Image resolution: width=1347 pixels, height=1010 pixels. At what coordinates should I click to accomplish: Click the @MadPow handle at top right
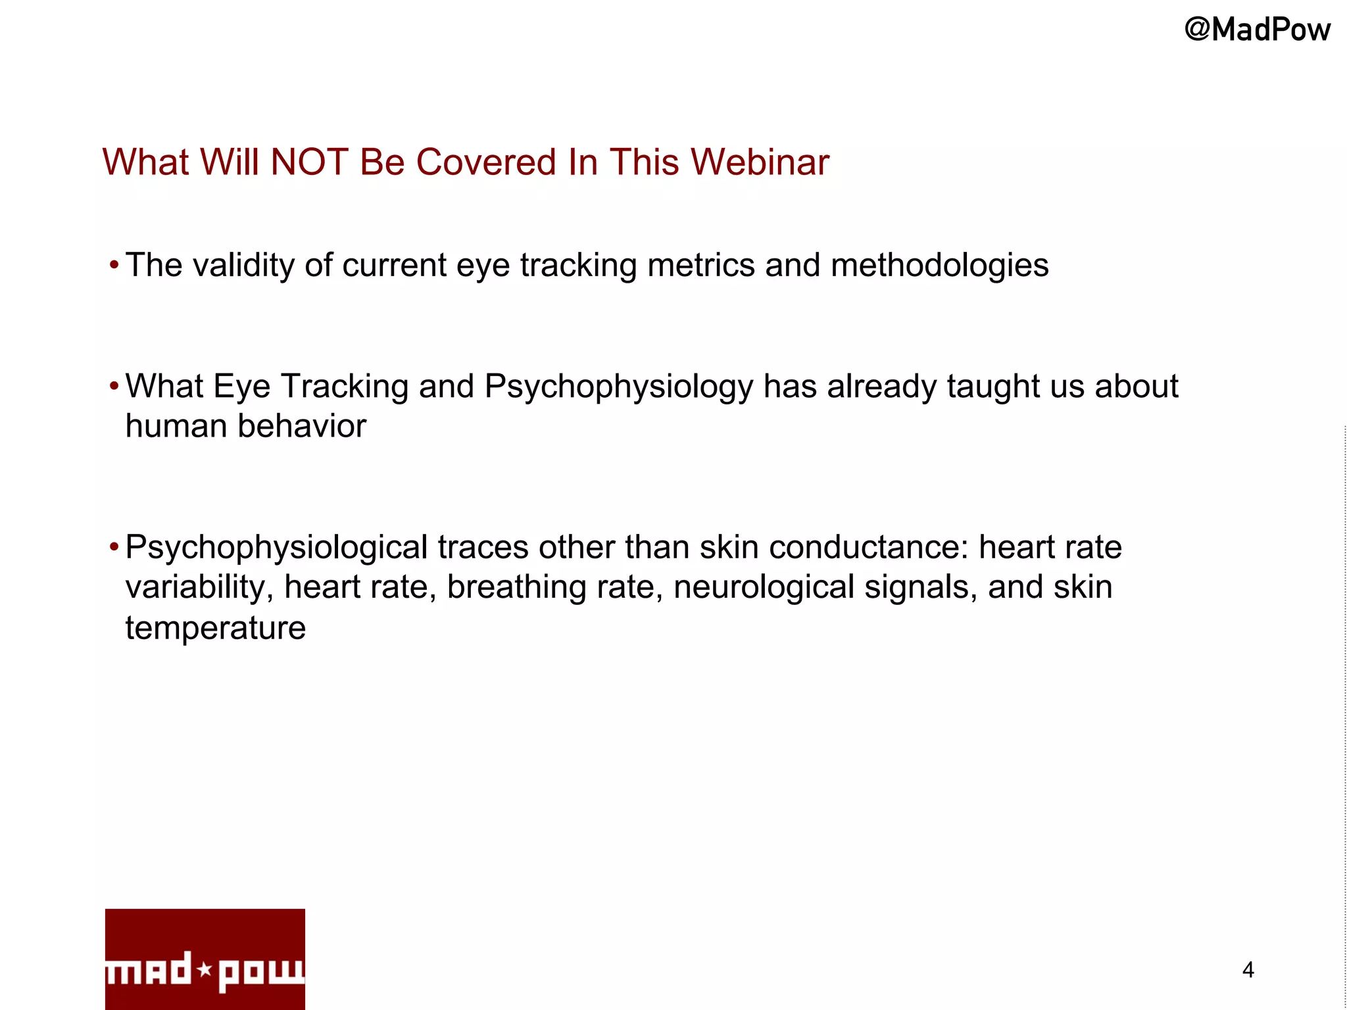click(1257, 30)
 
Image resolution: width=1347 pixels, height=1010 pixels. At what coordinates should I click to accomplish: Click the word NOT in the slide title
click(309, 162)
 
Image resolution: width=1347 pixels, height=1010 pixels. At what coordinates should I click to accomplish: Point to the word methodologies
click(939, 266)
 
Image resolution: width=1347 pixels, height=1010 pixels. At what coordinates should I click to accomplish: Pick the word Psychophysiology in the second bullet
click(618, 387)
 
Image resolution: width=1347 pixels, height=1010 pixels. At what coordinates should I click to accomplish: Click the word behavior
click(302, 426)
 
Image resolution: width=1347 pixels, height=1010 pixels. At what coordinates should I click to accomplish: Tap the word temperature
click(216, 628)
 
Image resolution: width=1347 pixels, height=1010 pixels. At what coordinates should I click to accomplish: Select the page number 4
click(1248, 970)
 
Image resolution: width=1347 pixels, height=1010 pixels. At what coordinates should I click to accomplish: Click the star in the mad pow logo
click(205, 969)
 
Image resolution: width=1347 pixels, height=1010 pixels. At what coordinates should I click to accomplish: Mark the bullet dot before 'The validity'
click(114, 266)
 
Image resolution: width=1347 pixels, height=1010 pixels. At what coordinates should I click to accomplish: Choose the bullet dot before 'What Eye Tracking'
click(114, 386)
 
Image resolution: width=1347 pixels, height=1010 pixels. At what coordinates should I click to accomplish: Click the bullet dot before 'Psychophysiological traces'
click(114, 546)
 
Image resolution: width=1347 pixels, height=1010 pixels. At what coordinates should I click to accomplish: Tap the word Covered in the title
click(486, 162)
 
